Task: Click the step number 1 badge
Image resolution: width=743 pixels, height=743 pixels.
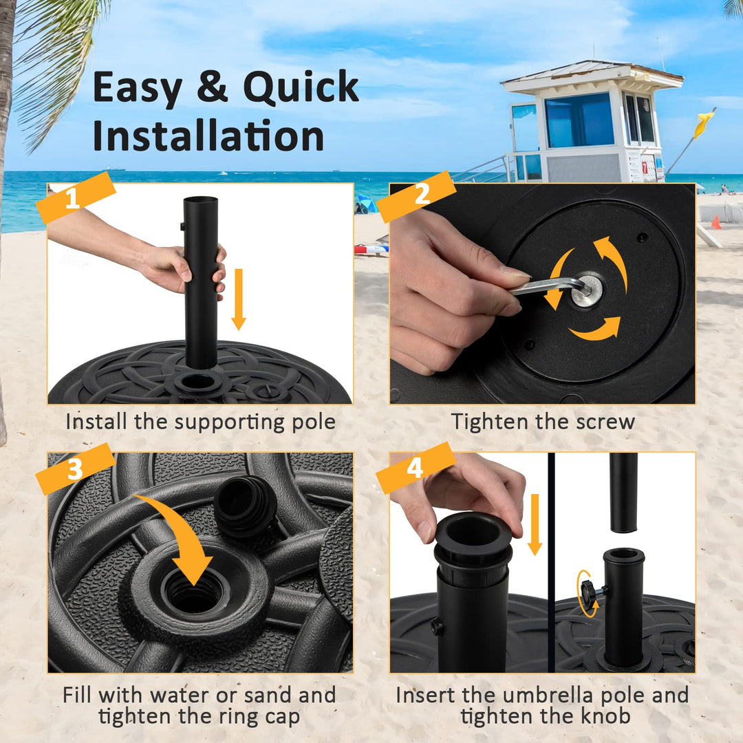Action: click(74, 197)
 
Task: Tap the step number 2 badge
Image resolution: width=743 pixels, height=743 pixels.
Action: click(416, 196)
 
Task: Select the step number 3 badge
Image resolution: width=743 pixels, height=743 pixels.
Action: click(74, 469)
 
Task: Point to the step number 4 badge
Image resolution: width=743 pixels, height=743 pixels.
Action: click(415, 468)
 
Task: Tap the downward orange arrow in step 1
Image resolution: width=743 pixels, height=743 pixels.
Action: click(238, 299)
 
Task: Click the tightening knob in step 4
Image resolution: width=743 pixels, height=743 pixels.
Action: click(588, 590)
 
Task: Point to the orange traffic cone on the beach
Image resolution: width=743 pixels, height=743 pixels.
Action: click(716, 222)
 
